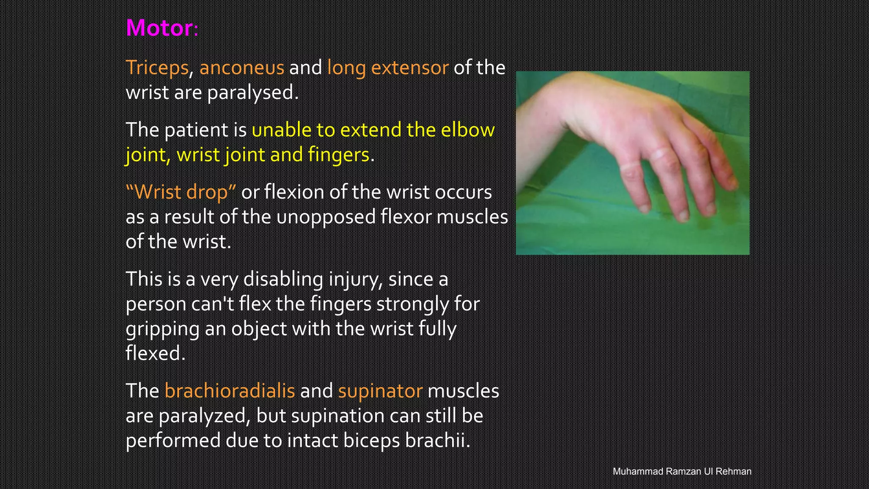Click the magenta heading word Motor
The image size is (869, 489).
coord(160,28)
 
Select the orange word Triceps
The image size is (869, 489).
coord(157,68)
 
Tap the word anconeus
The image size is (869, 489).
coord(241,68)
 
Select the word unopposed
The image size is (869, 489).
coord(325,217)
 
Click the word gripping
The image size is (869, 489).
coord(162,329)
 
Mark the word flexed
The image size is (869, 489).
coord(155,353)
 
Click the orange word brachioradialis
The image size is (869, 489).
coord(229,391)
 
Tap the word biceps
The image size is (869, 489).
coord(371,441)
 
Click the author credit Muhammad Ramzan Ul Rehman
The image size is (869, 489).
coord(682,471)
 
